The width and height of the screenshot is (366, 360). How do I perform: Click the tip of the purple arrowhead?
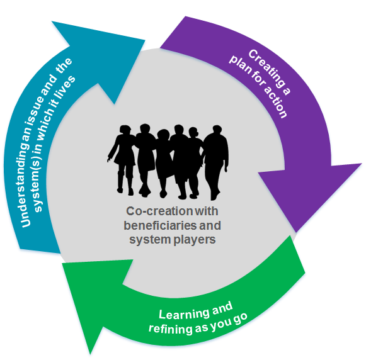pos(295,232)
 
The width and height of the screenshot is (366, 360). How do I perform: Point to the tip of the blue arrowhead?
pos(145,40)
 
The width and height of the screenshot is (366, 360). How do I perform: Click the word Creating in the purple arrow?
pos(269,72)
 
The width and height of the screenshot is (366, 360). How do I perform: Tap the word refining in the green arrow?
pos(170,329)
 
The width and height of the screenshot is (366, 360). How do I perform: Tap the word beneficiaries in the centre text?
pos(157,225)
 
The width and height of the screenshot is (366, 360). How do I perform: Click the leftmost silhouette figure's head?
pos(125,130)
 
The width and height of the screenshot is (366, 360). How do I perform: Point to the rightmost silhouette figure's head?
pos(217,130)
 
